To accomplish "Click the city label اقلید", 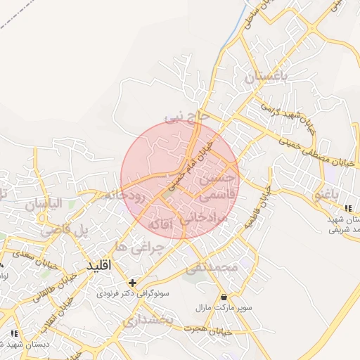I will coord(98,266).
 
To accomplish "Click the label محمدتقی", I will coord(212,269).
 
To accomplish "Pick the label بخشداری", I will coord(148,321).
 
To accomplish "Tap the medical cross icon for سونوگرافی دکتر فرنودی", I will coord(132,282).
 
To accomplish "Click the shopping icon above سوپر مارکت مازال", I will coord(224,297).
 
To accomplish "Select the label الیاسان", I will coord(44,205).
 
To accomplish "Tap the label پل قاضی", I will coord(65,230).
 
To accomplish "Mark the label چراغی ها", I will coord(139,247).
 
